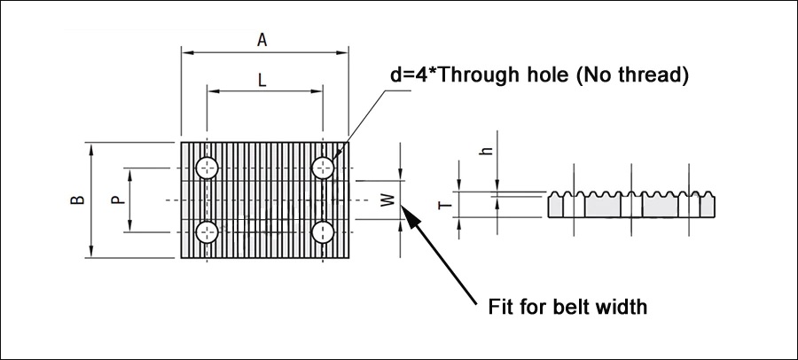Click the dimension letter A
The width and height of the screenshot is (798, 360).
tap(262, 40)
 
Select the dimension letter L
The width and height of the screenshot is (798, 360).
tap(262, 80)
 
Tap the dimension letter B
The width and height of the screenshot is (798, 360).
tap(77, 200)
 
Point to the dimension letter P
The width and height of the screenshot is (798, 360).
tap(118, 200)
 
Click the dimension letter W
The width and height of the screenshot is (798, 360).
tap(388, 200)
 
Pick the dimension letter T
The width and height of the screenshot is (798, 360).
tap(446, 205)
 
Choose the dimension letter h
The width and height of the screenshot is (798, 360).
tap(488, 151)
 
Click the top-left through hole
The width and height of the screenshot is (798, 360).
tap(207, 168)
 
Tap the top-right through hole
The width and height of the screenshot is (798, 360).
tap(323, 168)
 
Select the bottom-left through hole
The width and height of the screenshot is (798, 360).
tap(207, 232)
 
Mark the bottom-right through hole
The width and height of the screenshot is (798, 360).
tap(323, 232)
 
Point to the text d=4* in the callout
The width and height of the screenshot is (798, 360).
tap(413, 76)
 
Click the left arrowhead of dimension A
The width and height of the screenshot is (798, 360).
tap(187, 52)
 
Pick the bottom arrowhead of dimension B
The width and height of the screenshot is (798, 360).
tap(91, 252)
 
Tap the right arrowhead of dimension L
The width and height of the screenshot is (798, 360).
tap(317, 91)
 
